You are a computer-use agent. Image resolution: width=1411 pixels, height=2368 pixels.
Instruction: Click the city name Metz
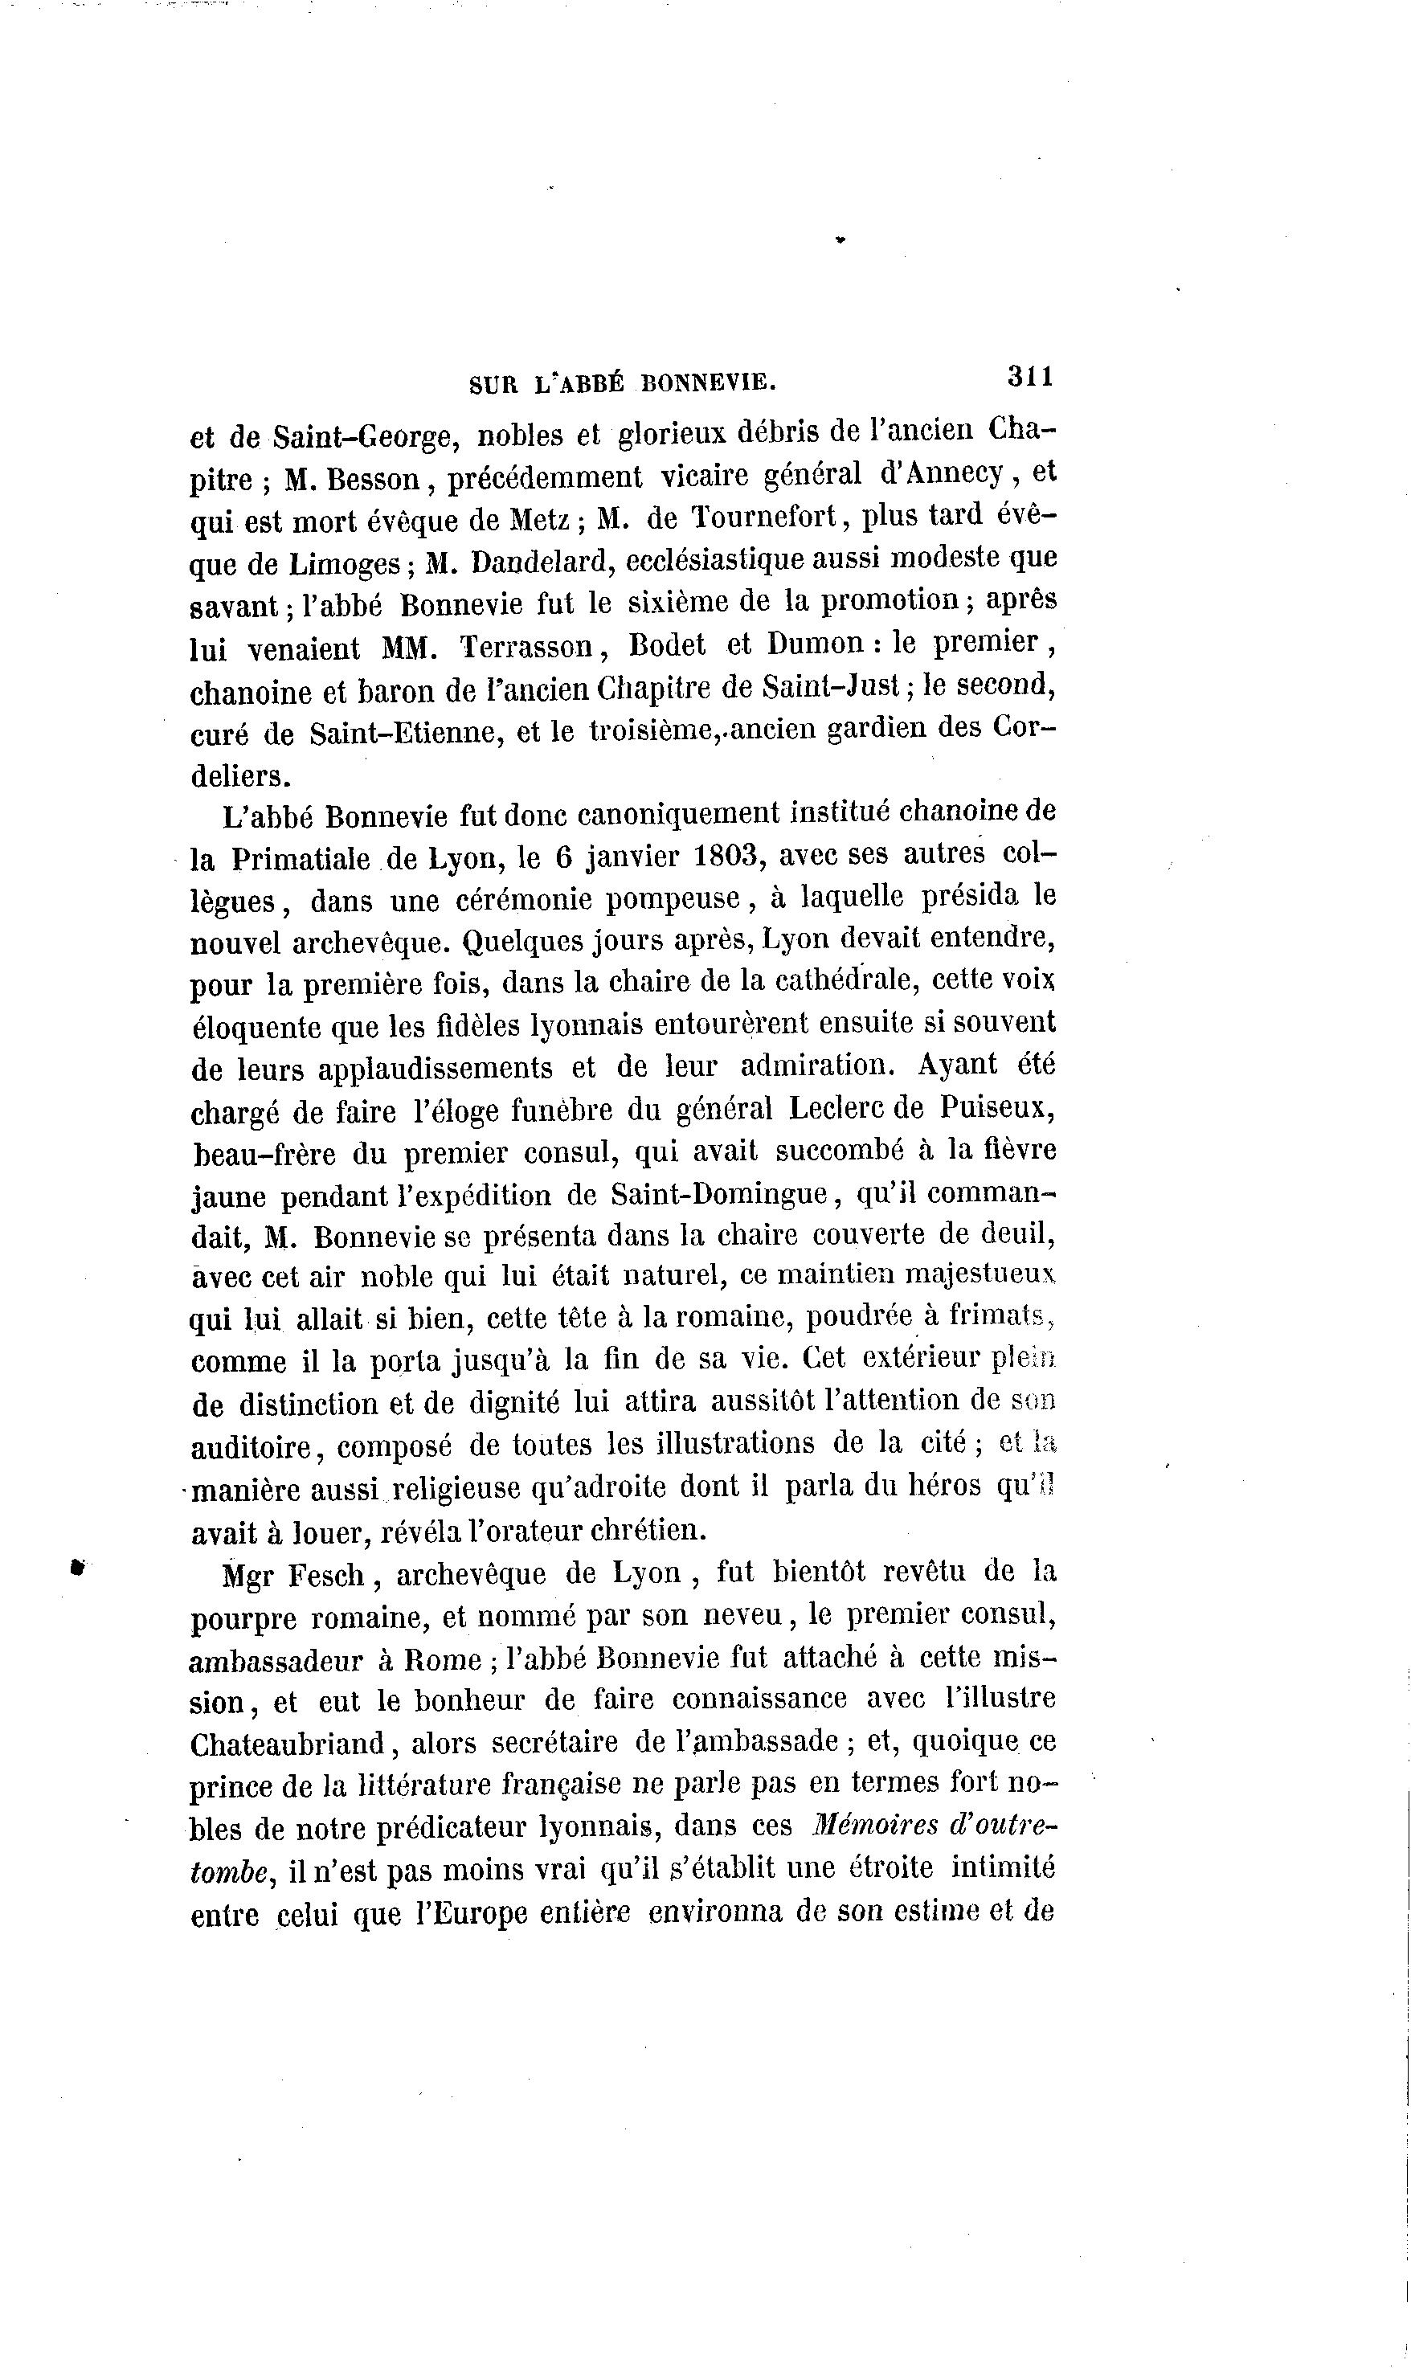tap(538, 521)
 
